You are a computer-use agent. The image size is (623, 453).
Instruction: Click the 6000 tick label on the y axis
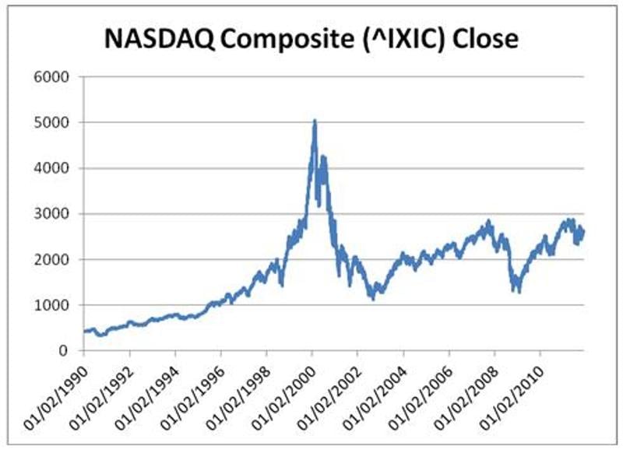54,77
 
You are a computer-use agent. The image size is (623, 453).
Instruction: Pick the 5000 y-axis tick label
54,123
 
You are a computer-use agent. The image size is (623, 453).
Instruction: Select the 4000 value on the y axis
54,168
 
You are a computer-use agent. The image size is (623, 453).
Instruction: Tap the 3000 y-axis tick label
54,214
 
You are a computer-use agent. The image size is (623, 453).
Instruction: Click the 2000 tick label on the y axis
54,259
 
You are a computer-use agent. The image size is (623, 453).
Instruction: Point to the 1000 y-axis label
54,305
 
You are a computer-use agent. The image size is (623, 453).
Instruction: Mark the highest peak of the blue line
314,121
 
